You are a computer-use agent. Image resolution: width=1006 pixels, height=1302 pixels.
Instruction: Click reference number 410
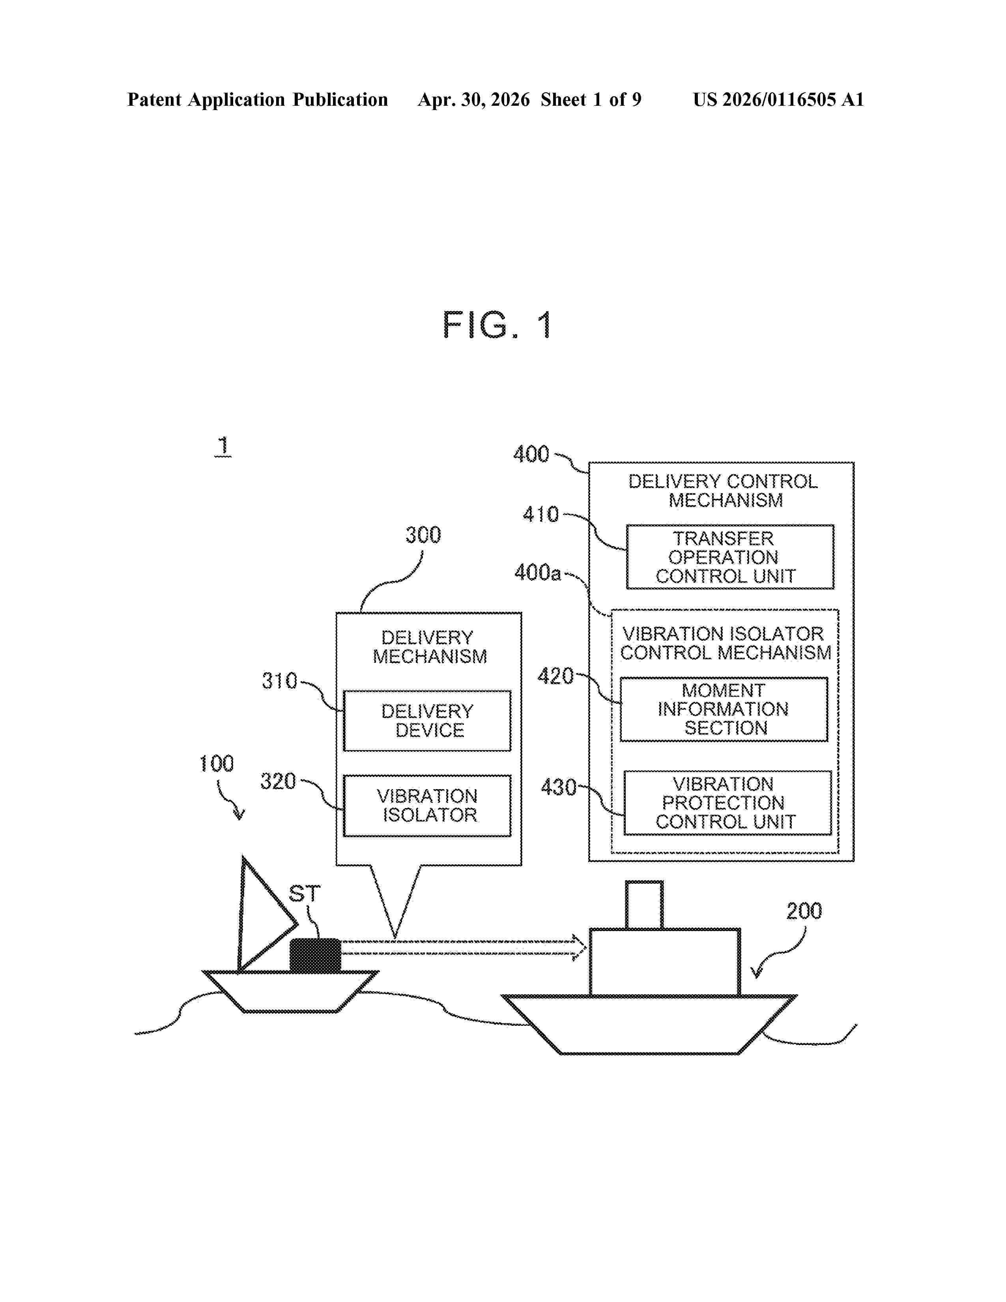pos(540,514)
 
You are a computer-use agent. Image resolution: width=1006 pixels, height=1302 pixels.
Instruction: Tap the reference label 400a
pos(538,572)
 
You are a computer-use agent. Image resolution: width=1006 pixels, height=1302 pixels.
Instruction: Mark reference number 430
pos(558,788)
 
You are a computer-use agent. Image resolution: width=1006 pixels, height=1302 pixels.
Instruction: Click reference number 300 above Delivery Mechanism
pos(423,535)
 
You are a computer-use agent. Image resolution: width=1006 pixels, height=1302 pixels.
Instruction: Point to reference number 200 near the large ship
pos(804,911)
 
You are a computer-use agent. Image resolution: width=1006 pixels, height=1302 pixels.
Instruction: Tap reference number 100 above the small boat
pos(216,764)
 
